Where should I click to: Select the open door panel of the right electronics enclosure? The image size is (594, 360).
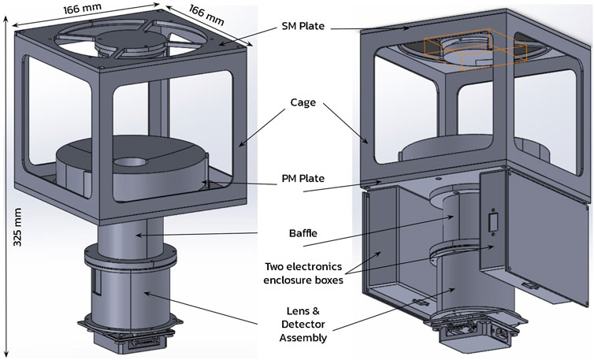point(544,236)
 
